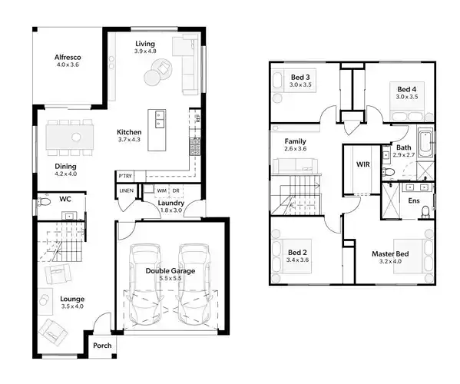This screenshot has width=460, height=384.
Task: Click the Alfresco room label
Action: point(68,58)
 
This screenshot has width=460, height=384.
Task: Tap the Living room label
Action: point(145,44)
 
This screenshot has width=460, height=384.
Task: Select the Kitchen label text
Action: point(130,131)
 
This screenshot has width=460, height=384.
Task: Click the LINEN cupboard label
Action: point(126,190)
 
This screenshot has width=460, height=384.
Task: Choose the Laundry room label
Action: point(171,204)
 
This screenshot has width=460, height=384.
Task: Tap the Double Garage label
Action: point(170,271)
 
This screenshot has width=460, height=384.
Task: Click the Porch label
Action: point(102,346)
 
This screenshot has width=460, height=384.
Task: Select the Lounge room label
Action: point(72,299)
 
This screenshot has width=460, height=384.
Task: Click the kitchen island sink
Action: point(161,118)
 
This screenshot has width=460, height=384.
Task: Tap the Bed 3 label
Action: point(299,78)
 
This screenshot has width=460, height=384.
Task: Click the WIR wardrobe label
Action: point(363,164)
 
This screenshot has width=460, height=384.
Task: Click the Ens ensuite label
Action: point(414,201)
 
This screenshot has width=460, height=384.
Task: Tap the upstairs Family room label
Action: point(296,142)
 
